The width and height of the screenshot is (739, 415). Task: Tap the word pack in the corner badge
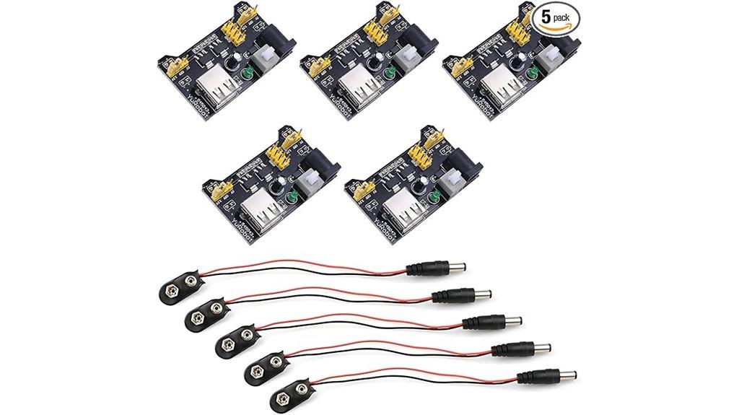[x=567, y=17]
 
